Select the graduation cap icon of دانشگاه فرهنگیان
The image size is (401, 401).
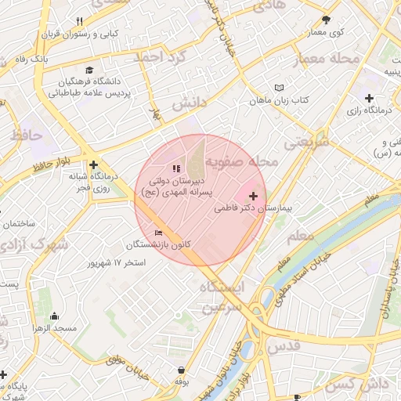(88, 70)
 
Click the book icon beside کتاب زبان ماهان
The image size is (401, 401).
(279, 88)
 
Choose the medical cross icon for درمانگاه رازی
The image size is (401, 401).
(368, 97)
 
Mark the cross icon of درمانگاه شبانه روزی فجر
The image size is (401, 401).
(94, 164)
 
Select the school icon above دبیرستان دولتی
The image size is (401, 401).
(175, 168)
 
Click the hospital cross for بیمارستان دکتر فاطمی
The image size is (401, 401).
(252, 196)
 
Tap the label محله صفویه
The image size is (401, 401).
(251, 161)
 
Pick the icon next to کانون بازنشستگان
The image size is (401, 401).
(159, 233)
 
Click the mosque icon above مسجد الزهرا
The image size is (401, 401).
(54, 316)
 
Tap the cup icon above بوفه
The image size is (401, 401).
(182, 370)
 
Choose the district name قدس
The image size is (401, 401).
(283, 345)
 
